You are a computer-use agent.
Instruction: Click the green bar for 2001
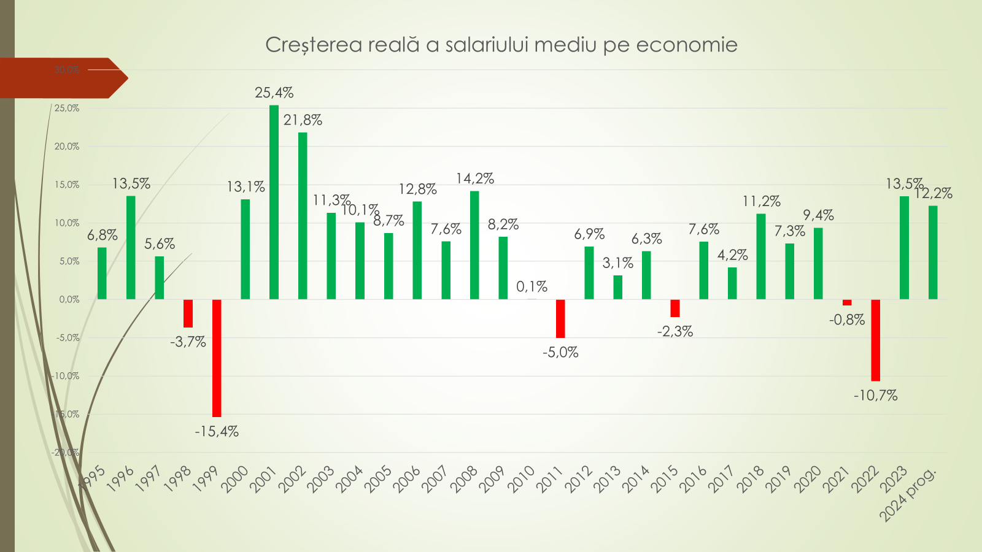coord(274,202)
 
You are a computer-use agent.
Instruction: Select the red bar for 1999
coord(217,358)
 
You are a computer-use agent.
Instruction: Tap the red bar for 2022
coord(875,340)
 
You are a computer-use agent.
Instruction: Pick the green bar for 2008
coord(474,245)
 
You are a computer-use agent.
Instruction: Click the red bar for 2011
coord(560,318)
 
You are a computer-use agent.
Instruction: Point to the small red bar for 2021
coord(847,302)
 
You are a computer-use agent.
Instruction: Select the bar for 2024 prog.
coord(933,252)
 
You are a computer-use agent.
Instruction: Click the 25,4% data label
coord(274,93)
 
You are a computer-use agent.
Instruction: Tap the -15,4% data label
coord(217,432)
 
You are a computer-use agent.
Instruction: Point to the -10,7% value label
coord(876,396)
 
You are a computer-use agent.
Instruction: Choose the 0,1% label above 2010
coord(532,286)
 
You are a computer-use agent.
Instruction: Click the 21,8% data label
coord(303,120)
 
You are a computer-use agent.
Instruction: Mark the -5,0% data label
coord(560,353)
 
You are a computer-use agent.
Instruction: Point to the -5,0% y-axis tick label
coord(68,338)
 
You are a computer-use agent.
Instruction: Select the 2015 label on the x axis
coord(664,480)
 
